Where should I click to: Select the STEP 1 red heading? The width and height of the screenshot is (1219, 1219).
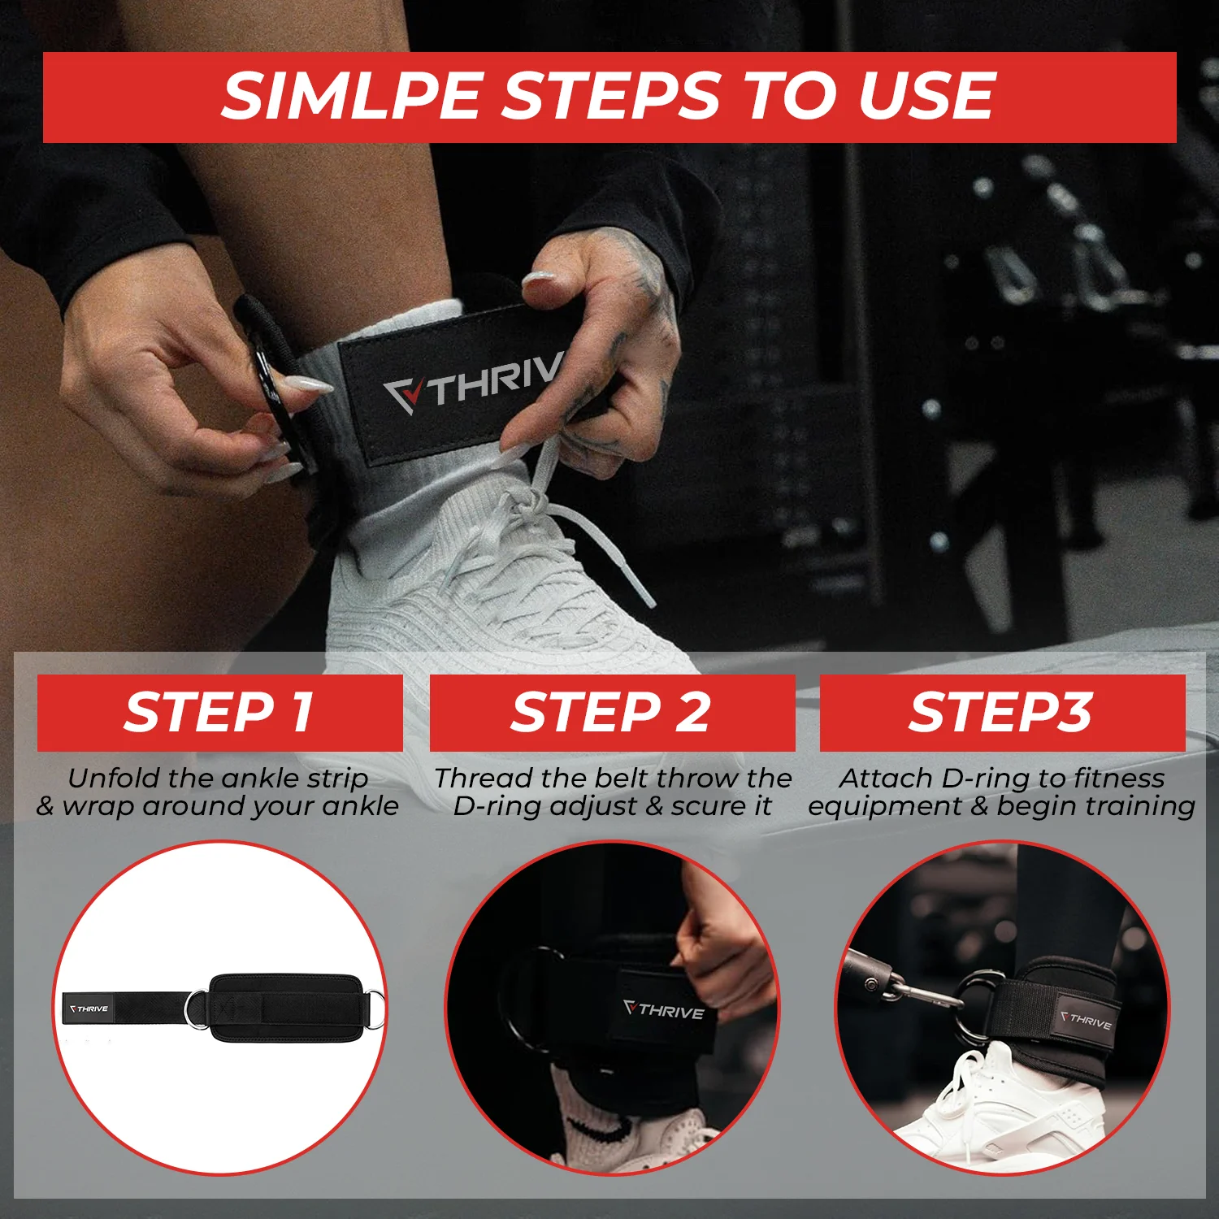point(219,713)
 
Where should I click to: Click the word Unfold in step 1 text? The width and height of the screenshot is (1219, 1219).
point(113,779)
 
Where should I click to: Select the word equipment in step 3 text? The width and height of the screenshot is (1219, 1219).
point(884,808)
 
